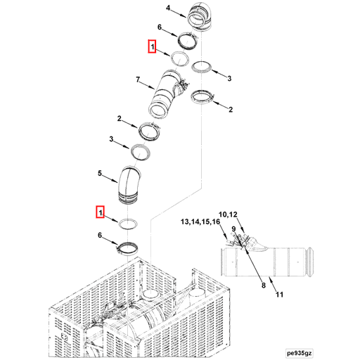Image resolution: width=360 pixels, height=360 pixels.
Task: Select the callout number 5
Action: (100, 173)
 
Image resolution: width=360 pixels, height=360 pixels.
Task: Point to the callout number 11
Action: (279, 295)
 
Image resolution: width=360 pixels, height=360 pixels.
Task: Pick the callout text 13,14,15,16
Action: (200, 221)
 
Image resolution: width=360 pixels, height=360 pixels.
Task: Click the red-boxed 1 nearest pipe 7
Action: (152, 47)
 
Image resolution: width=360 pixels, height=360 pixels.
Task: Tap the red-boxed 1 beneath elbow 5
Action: (101, 211)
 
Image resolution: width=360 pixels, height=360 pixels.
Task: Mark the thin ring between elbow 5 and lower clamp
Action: (128, 224)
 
